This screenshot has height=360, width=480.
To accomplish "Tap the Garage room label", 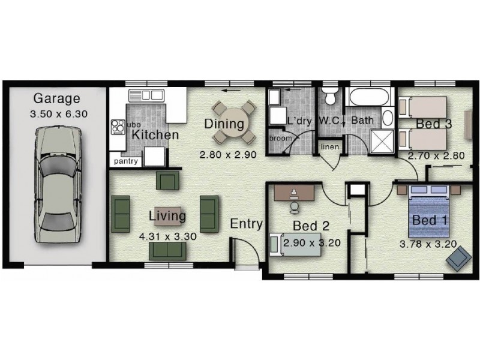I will click(x=56, y=98).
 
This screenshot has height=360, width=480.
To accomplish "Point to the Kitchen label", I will click(x=155, y=134).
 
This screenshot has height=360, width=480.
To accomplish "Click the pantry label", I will click(x=126, y=161).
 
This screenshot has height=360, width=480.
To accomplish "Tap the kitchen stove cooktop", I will click(x=117, y=127).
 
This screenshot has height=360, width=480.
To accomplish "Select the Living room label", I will click(x=167, y=215).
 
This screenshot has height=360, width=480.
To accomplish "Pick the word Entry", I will click(x=247, y=224).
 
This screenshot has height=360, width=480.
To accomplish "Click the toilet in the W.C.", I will click(x=329, y=97).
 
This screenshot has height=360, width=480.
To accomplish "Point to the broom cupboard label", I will click(x=280, y=139).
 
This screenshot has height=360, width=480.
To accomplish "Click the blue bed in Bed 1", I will click(x=428, y=213).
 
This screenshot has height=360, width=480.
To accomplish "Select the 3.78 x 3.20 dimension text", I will click(x=428, y=244).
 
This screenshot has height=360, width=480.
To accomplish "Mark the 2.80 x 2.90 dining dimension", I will click(x=228, y=154).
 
